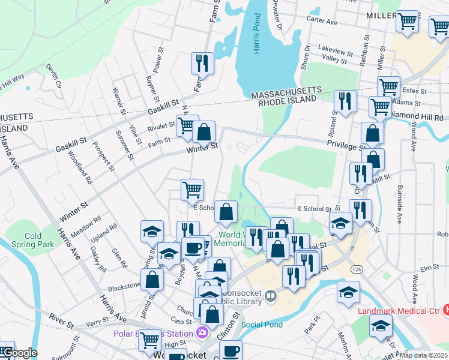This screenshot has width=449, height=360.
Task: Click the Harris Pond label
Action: point(256,40)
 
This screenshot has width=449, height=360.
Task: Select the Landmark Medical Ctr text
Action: point(399,311)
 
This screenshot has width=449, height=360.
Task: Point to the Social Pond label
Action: point(262,325)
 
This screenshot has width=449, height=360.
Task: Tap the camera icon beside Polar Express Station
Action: point(203,332)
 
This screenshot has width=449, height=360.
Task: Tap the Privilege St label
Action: point(346,145)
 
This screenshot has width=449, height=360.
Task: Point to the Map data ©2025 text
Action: point(424,356)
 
